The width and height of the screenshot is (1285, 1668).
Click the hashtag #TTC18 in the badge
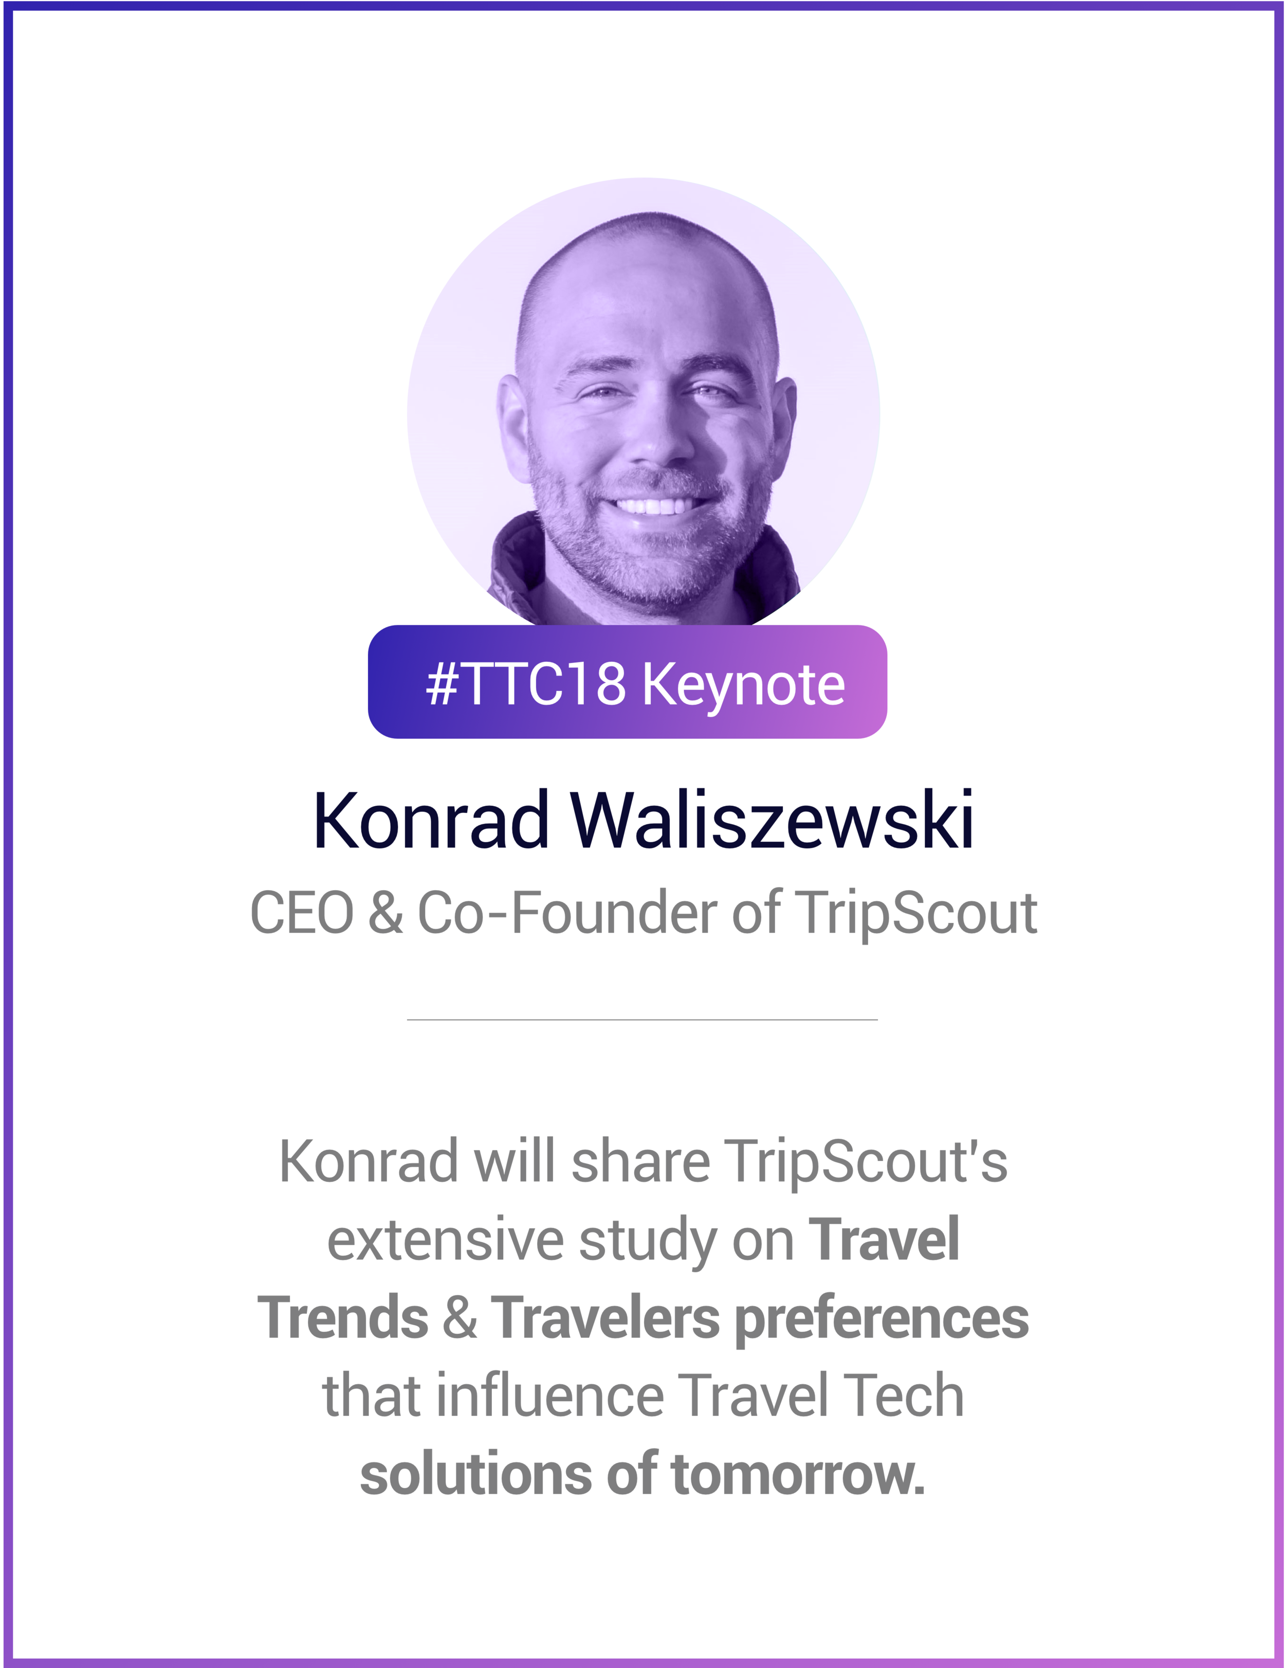(x=526, y=683)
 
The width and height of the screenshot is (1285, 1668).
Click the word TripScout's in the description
(x=865, y=1162)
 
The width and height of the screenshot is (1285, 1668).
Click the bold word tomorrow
(x=797, y=1474)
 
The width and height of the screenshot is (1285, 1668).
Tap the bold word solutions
(x=475, y=1474)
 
